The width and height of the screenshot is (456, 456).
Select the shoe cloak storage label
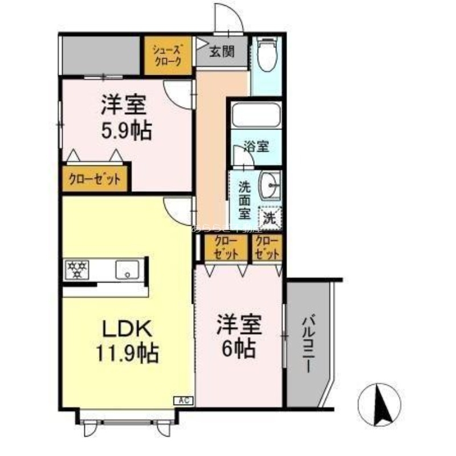167,56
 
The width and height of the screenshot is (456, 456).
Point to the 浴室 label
255,146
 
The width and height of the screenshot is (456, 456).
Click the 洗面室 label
244,199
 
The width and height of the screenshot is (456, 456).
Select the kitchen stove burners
77,269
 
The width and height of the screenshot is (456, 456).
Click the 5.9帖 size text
126,132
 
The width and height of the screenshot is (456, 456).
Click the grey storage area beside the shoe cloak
100,55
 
